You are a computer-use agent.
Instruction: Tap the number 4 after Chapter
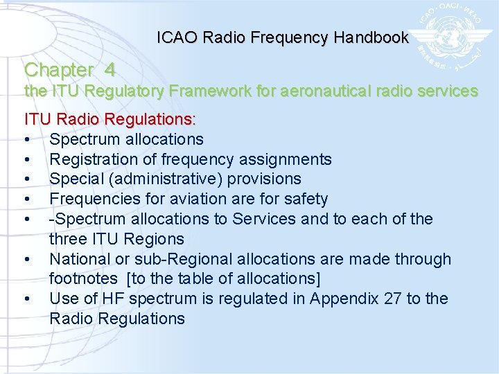110,70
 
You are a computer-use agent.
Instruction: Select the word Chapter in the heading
58,70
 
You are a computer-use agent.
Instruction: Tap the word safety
304,199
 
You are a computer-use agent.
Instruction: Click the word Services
263,219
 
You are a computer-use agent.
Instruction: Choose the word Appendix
341,299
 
